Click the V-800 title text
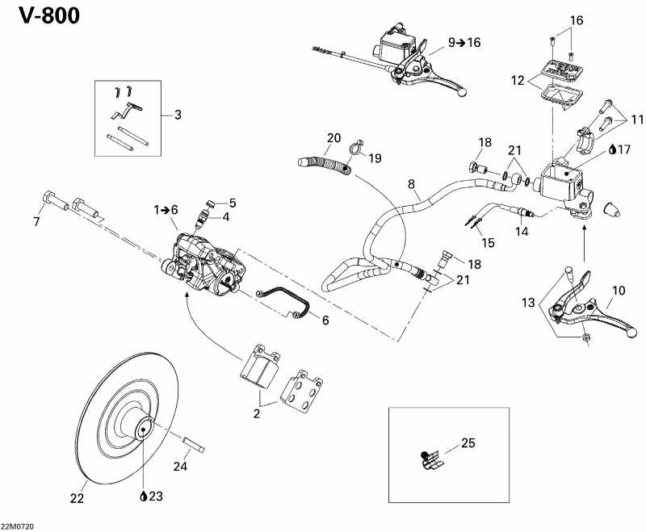pyautogui.click(x=45, y=16)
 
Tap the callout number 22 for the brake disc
pyautogui.click(x=77, y=499)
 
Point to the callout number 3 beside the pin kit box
pyautogui.click(x=177, y=115)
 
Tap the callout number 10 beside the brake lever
pyautogui.click(x=619, y=290)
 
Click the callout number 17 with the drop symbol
pyautogui.click(x=623, y=149)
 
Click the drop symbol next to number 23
pyautogui.click(x=143, y=496)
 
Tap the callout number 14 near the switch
pyautogui.click(x=522, y=230)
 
